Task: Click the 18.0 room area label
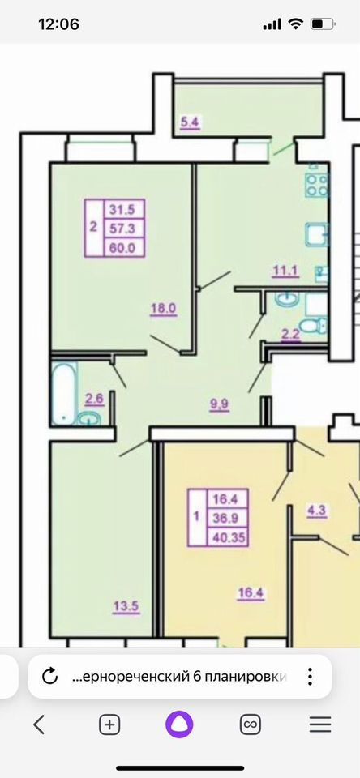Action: pos(163,308)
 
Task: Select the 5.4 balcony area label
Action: pos(189,124)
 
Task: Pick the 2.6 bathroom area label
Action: pos(93,398)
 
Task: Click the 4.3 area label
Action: pos(315,511)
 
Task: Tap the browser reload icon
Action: pos(49,676)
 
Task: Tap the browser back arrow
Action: pos(38,725)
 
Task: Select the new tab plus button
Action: pos(109,725)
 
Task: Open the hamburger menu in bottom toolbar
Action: pos(320,725)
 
